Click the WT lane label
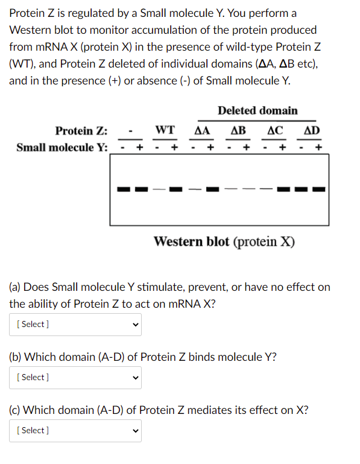[165, 130]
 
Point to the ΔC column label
[275, 130]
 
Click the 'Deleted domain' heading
[257, 110]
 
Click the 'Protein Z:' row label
[81, 131]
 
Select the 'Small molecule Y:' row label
[62, 147]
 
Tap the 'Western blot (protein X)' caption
[224, 242]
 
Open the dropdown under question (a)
[75, 324]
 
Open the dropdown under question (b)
[75, 377]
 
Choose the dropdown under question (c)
[75, 430]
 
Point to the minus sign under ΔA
[193, 147]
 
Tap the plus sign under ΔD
[319, 147]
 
